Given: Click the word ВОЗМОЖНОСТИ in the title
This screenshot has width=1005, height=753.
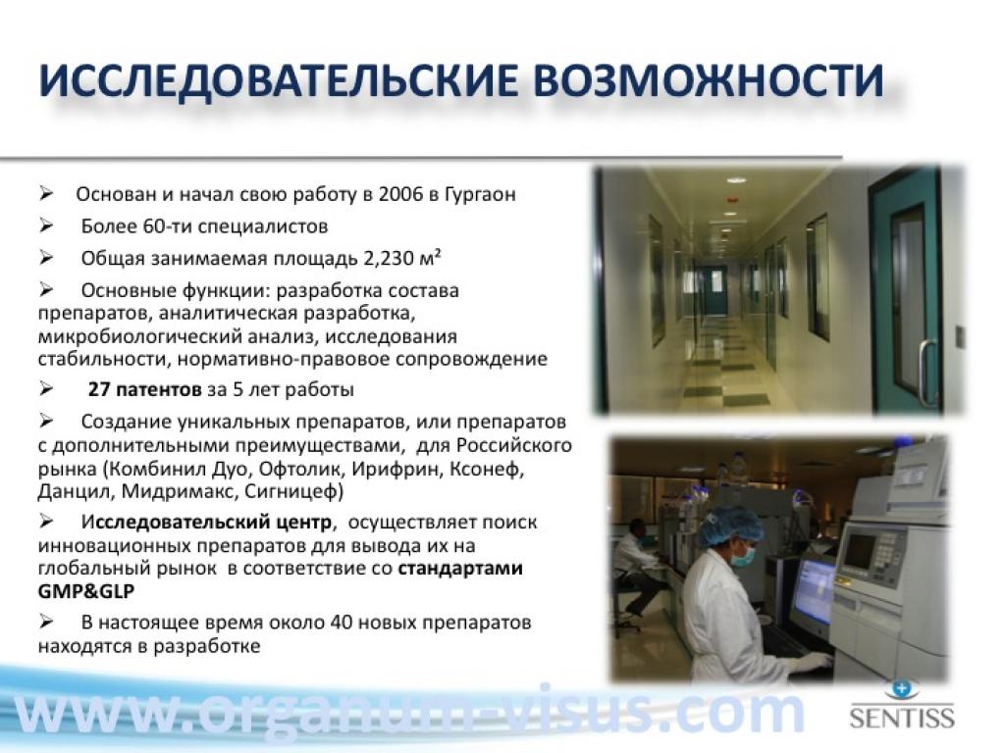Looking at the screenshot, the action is [x=709, y=80].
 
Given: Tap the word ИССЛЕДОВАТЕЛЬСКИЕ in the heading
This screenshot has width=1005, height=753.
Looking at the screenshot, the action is [x=278, y=80].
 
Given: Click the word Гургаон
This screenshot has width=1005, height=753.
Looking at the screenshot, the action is [x=479, y=194].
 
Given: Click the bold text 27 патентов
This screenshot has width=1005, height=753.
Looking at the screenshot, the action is [x=144, y=389].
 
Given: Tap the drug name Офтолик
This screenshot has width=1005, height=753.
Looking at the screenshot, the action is [x=299, y=469].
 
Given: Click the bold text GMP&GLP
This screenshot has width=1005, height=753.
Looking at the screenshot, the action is [x=86, y=591].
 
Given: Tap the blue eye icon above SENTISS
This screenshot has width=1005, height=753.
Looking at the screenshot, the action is [x=902, y=689].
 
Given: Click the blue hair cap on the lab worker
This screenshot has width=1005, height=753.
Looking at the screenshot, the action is [x=730, y=526].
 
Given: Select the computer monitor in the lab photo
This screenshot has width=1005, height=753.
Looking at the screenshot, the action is [x=814, y=591].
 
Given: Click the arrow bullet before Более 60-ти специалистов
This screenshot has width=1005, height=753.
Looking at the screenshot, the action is [x=46, y=226].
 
